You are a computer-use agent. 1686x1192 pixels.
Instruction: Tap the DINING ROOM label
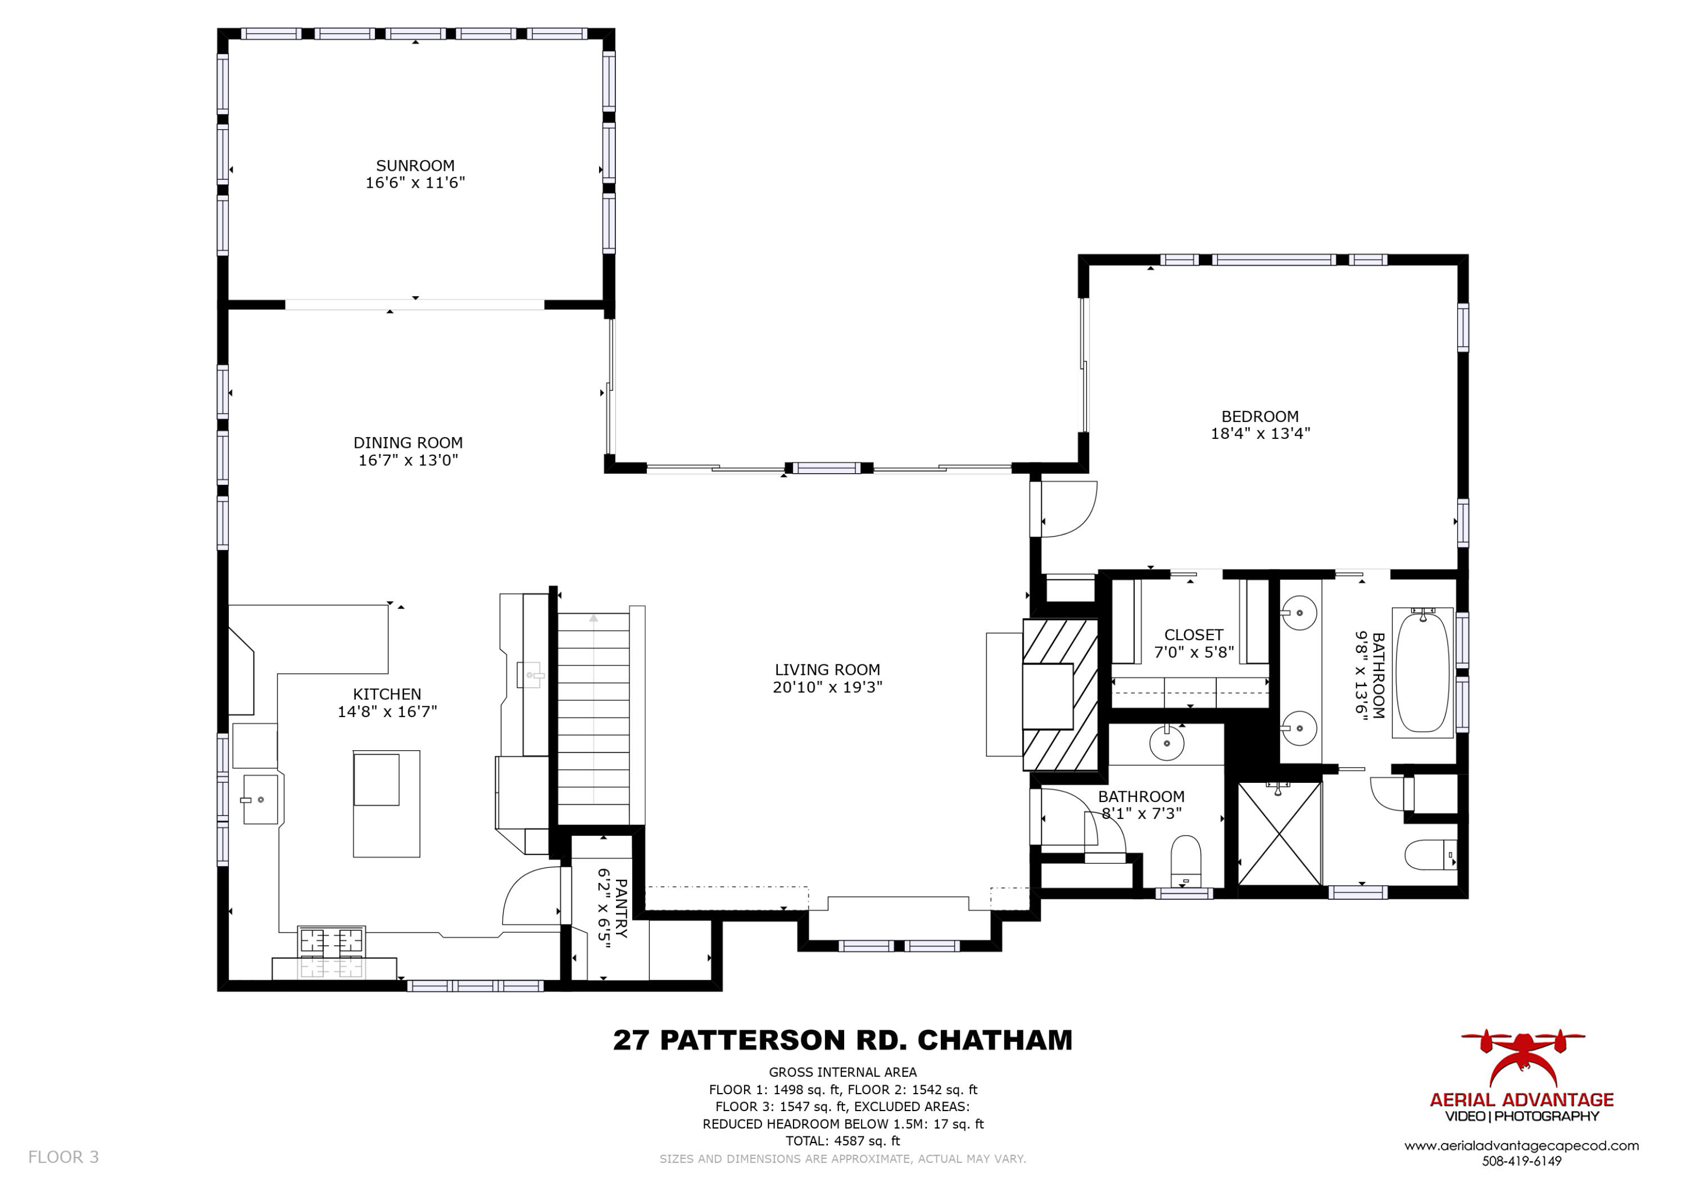click(x=407, y=443)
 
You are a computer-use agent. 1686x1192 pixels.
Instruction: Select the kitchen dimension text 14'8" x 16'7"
click(x=387, y=711)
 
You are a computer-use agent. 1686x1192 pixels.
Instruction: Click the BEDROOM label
click(x=1259, y=416)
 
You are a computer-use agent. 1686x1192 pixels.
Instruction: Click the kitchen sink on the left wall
click(x=260, y=799)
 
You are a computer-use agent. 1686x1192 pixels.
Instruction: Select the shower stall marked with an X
click(x=1279, y=833)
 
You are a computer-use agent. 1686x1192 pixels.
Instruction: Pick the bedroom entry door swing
click(x=1067, y=508)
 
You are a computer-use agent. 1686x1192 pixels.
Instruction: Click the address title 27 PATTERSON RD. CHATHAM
click(x=842, y=1040)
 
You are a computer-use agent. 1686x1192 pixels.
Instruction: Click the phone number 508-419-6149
click(x=1521, y=1162)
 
